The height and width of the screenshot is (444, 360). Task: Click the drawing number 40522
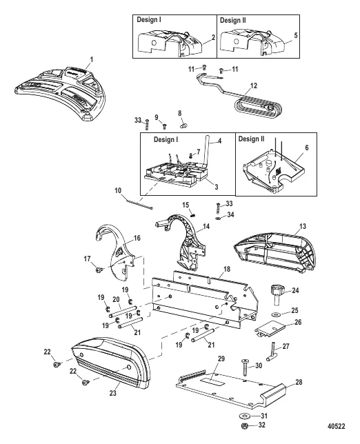337,426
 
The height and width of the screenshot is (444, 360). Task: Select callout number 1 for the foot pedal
91,59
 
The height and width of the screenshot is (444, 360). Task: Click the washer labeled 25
275,314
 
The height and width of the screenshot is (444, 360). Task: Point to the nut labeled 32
246,425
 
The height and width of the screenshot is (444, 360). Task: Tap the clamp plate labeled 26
270,330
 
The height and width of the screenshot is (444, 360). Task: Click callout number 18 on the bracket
227,269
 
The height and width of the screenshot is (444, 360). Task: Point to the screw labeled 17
99,270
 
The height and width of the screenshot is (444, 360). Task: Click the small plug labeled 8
184,125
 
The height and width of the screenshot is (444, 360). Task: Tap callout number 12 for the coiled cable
254,85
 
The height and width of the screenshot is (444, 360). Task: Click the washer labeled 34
218,219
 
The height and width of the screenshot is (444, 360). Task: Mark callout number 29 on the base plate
221,359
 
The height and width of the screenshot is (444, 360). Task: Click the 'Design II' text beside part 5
233,21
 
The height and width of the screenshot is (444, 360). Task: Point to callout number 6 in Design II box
307,148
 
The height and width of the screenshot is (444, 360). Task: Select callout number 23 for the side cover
112,393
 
